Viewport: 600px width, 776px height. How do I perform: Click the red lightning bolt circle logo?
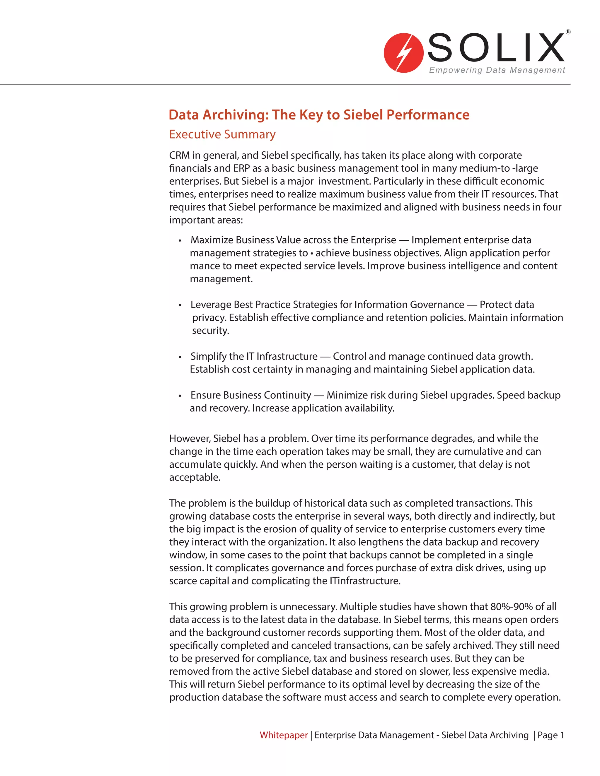tap(403, 53)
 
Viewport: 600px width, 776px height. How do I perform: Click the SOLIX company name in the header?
tap(496, 48)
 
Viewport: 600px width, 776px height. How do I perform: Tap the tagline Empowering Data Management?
tap(497, 70)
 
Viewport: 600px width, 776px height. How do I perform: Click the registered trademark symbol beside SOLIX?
tap(568, 32)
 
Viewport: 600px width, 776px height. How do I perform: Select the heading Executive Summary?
tap(222, 134)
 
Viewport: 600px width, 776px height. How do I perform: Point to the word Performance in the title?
tap(428, 115)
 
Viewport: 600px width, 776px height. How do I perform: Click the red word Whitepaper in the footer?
tap(283, 735)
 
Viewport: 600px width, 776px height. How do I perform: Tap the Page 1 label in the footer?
tap(550, 735)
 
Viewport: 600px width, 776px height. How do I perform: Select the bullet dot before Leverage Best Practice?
tap(180, 305)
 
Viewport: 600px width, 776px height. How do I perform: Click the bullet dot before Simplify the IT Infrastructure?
tap(180, 357)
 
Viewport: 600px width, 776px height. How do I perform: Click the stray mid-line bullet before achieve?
tap(312, 253)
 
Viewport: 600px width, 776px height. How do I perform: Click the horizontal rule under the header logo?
tap(284, 84)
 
